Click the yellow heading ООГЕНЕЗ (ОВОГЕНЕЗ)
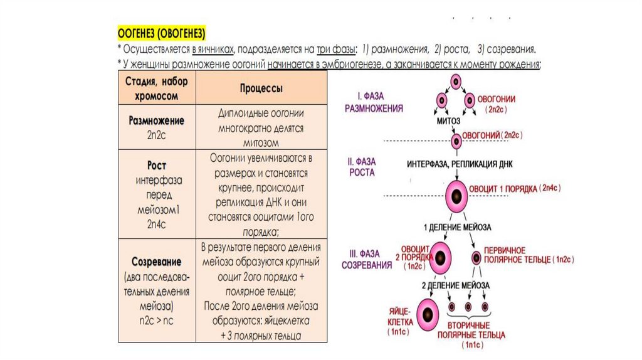(162, 32)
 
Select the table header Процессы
(261, 88)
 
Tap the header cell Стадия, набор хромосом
(156, 88)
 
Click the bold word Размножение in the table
(156, 120)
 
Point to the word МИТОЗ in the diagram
(448, 120)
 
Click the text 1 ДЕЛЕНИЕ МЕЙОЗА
(457, 226)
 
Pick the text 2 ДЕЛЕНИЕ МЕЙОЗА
(457, 284)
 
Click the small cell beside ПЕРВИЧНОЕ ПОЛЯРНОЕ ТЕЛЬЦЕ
(476, 257)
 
